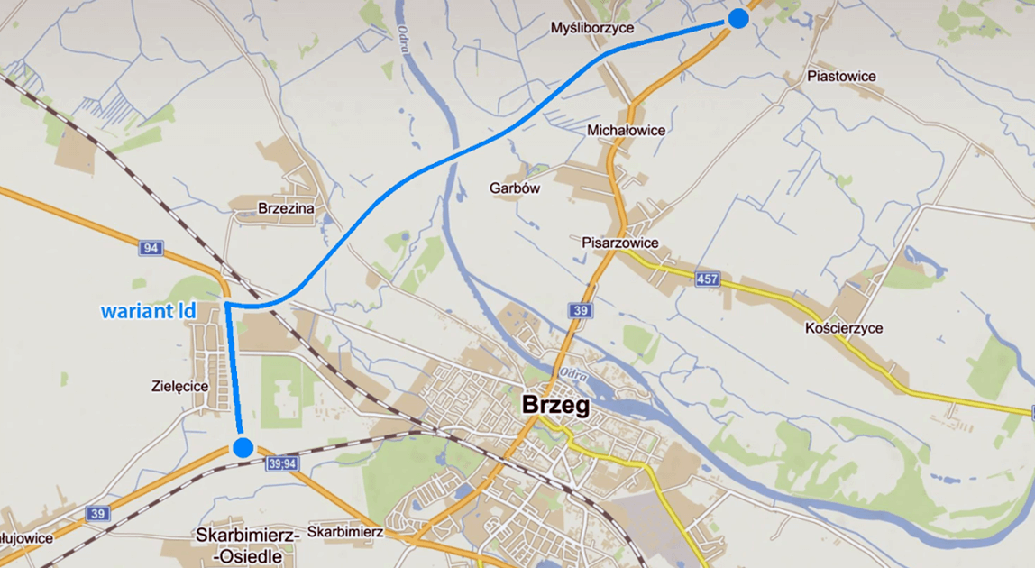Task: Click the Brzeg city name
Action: [556, 406]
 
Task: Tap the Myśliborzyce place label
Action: [592, 28]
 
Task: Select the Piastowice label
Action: [842, 76]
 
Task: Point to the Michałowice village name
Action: [626, 130]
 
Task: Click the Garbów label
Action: [514, 188]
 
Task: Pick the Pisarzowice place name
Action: [619, 243]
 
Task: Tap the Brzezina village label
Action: [285, 208]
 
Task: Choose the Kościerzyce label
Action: [844, 328]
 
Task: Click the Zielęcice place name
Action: [180, 386]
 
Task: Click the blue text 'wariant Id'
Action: [148, 311]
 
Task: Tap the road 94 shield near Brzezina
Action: [151, 247]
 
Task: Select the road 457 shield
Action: [708, 280]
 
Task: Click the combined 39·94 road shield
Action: [282, 463]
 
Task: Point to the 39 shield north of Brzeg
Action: [580, 310]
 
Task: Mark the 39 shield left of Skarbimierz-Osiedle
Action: [98, 513]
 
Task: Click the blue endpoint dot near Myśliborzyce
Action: [738, 18]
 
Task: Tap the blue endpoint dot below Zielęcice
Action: [243, 446]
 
